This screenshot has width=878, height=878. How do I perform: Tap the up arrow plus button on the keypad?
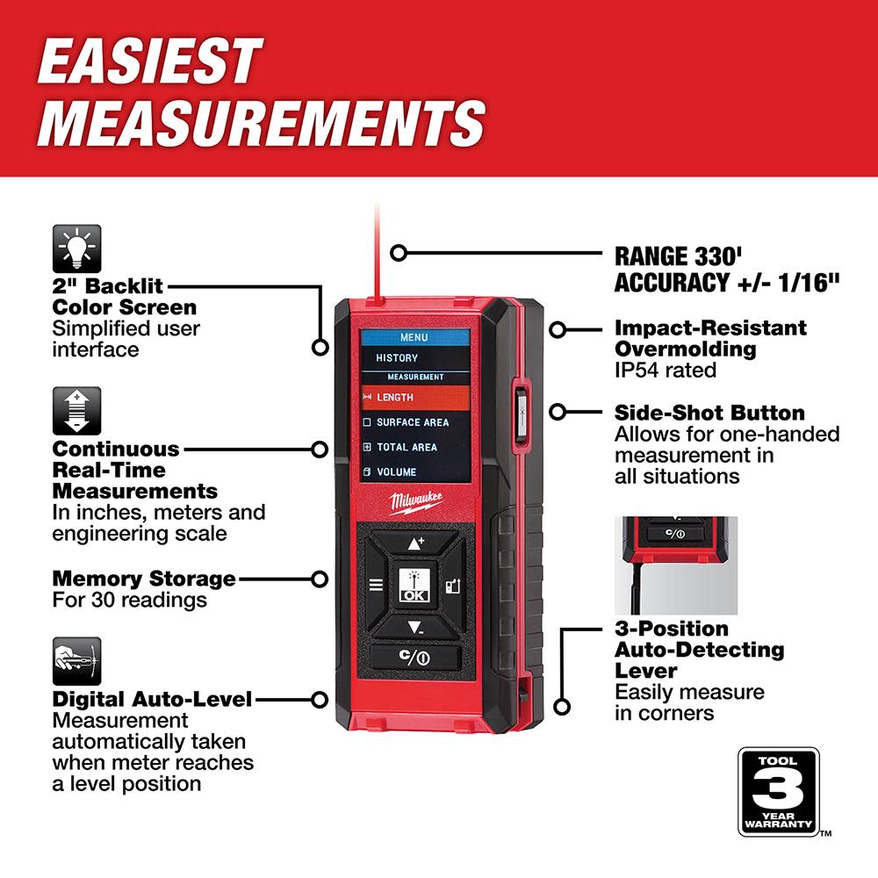415,543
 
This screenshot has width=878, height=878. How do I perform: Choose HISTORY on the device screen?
398,358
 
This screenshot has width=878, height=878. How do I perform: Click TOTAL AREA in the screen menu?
407,447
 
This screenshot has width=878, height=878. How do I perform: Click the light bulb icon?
77,248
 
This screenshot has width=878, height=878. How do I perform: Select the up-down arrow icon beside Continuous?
77,411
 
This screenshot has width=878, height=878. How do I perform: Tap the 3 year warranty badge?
778,791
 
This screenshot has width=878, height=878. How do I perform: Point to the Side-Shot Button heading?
709,413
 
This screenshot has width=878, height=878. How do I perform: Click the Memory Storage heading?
144,579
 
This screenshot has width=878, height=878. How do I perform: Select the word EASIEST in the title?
149,62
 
